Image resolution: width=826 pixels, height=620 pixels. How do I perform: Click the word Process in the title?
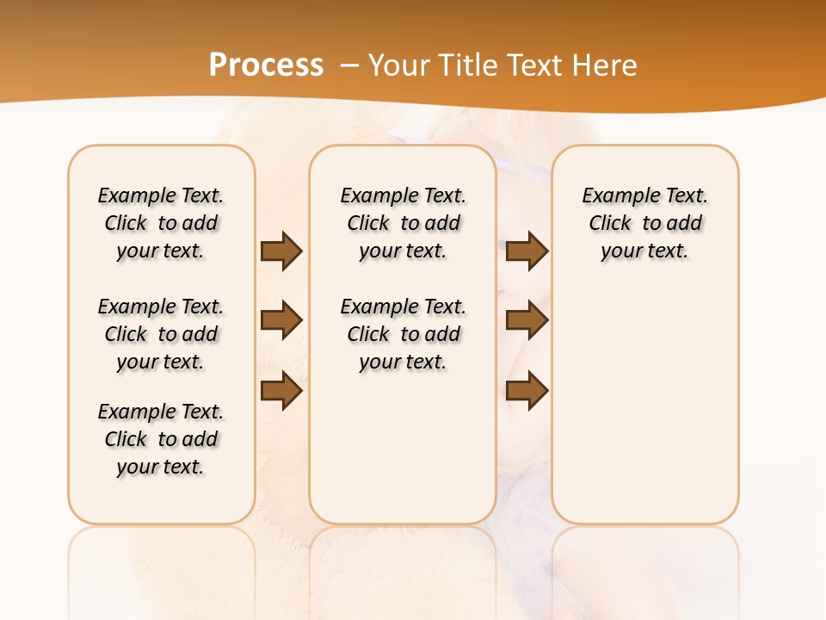point(266,65)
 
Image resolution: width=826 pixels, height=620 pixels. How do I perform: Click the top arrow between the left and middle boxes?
point(281,251)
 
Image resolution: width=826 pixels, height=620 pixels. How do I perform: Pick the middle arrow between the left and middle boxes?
point(281,320)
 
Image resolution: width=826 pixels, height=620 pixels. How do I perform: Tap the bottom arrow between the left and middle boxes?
point(281,390)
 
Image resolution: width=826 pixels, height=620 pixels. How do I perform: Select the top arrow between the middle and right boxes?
point(527,251)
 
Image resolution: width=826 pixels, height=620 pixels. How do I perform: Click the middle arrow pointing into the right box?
point(527,320)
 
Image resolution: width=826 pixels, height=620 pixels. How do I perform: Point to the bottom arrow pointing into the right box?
point(527,390)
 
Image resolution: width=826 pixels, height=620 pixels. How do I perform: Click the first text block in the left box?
point(161,223)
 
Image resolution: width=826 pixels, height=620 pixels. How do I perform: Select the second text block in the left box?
point(161,334)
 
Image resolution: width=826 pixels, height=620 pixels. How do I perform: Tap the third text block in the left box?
point(161,439)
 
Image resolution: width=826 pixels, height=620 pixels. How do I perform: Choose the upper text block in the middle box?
point(403,223)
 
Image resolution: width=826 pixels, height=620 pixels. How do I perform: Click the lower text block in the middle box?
point(403,334)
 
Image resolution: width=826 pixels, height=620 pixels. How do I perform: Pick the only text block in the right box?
point(645,223)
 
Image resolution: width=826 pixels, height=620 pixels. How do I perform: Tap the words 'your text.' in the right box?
point(645,251)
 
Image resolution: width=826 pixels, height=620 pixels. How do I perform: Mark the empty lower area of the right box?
point(645,405)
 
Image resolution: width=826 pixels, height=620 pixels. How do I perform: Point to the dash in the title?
point(348,65)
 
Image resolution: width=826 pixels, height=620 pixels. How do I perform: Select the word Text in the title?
point(533,65)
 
